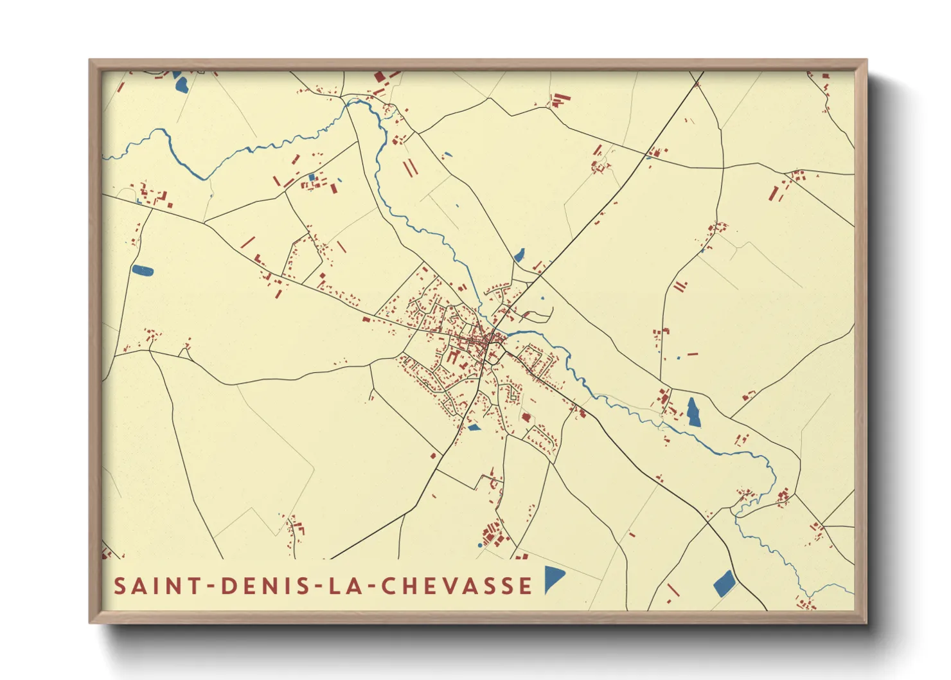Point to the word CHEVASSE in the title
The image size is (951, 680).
click(456, 586)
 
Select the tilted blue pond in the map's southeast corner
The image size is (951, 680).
click(724, 582)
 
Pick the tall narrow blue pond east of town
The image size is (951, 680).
click(693, 411)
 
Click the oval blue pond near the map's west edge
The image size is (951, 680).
click(142, 271)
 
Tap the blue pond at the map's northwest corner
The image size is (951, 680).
click(180, 82)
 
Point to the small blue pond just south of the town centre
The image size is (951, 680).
click(474, 427)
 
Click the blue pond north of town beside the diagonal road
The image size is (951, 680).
click(519, 255)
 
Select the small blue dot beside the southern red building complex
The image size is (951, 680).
click(480, 546)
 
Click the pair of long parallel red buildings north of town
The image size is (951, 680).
click(410, 168)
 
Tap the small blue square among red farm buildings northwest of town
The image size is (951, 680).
click(312, 177)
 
